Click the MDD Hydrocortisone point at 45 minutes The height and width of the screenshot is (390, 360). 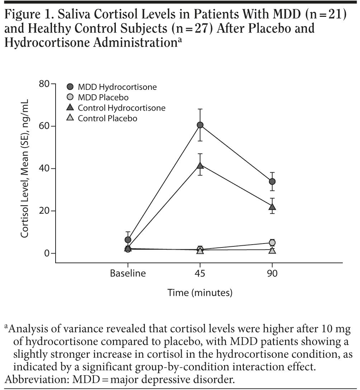(x=200, y=125)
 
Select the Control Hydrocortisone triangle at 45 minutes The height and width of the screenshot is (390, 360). (x=200, y=165)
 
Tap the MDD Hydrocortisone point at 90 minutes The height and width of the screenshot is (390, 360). (x=272, y=182)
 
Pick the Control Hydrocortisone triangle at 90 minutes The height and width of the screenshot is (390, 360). (x=272, y=207)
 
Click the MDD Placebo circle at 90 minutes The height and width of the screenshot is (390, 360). (x=272, y=243)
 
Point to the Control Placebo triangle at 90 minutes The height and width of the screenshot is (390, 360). (x=272, y=250)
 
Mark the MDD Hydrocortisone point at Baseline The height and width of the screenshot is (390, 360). (x=128, y=240)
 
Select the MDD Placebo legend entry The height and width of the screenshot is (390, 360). (x=103, y=97)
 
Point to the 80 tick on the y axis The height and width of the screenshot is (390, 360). (x=44, y=84)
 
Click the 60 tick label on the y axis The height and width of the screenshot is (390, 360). (x=44, y=126)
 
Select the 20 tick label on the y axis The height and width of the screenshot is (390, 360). (x=44, y=211)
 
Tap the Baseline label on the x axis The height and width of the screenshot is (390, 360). (x=128, y=274)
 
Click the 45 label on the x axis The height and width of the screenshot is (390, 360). (x=200, y=274)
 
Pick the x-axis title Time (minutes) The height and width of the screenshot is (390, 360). (x=200, y=293)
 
